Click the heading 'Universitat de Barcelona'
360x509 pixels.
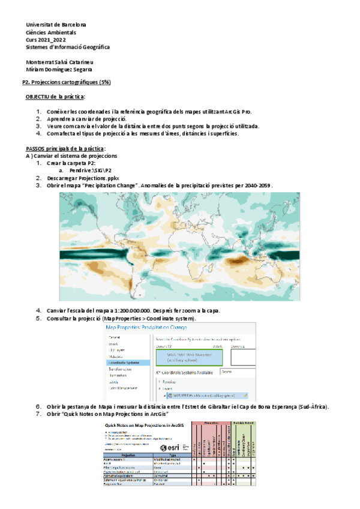56,25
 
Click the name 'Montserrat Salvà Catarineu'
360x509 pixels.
59,62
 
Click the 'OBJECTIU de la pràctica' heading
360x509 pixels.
55,97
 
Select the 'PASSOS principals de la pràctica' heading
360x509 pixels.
65,148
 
